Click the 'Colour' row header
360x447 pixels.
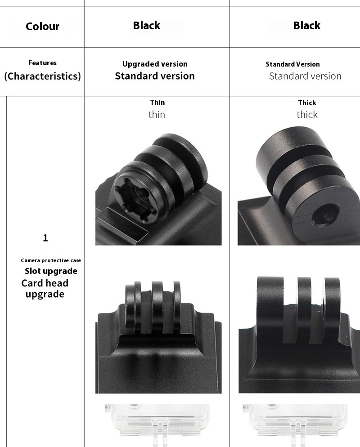click(x=42, y=27)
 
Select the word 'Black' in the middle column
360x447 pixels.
click(x=147, y=26)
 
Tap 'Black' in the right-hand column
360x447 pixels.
click(x=306, y=26)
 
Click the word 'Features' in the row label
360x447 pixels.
click(x=42, y=63)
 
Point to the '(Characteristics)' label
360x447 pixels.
click(x=42, y=76)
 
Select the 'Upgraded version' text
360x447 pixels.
click(x=155, y=64)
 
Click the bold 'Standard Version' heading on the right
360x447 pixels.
click(x=292, y=64)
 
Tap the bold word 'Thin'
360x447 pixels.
click(x=157, y=103)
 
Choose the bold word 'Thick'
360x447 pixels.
click(x=307, y=103)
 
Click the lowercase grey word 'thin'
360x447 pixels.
click(x=157, y=115)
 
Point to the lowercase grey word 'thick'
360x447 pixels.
click(x=307, y=115)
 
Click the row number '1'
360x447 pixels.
click(x=45, y=238)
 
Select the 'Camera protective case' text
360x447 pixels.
click(x=51, y=260)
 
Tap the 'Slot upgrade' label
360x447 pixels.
click(x=51, y=271)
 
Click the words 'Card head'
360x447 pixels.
click(x=45, y=283)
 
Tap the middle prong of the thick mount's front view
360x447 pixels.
click(x=306, y=309)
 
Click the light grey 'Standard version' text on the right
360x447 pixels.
click(x=305, y=76)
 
